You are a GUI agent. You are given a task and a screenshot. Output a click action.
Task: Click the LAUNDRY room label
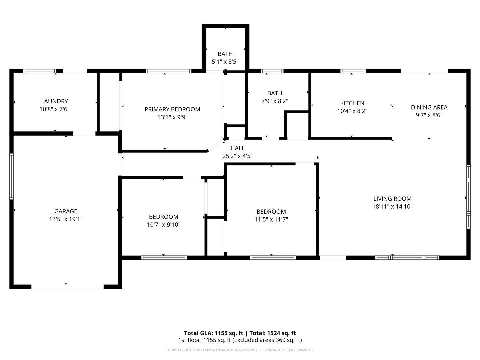[54, 101]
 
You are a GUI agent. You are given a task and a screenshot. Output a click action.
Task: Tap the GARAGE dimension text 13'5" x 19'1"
[66, 219]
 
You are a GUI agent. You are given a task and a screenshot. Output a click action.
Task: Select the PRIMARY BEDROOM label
[172, 109]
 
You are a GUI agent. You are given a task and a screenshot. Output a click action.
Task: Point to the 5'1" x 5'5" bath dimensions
[225, 62]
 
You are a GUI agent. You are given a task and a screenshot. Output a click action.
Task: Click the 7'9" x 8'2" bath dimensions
[275, 101]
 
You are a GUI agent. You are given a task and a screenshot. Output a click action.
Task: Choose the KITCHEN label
[352, 103]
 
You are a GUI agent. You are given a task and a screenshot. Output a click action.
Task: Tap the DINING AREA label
[429, 107]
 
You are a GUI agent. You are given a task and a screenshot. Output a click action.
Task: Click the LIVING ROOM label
[392, 198]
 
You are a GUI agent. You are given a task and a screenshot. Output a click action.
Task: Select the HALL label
[237, 148]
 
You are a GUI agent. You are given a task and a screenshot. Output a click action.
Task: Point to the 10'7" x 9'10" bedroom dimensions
[163, 225]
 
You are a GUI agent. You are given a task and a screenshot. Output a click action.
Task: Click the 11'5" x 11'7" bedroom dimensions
[271, 219]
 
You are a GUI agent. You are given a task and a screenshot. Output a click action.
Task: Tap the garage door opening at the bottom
[67, 286]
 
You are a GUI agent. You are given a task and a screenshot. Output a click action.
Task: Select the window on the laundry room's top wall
[40, 71]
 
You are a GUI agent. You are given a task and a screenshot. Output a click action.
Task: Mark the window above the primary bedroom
[169, 71]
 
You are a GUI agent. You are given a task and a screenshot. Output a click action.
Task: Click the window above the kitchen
[353, 71]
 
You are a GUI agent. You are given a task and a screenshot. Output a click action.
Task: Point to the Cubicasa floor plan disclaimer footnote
[240, 350]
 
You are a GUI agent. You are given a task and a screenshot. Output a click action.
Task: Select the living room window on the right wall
[468, 196]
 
